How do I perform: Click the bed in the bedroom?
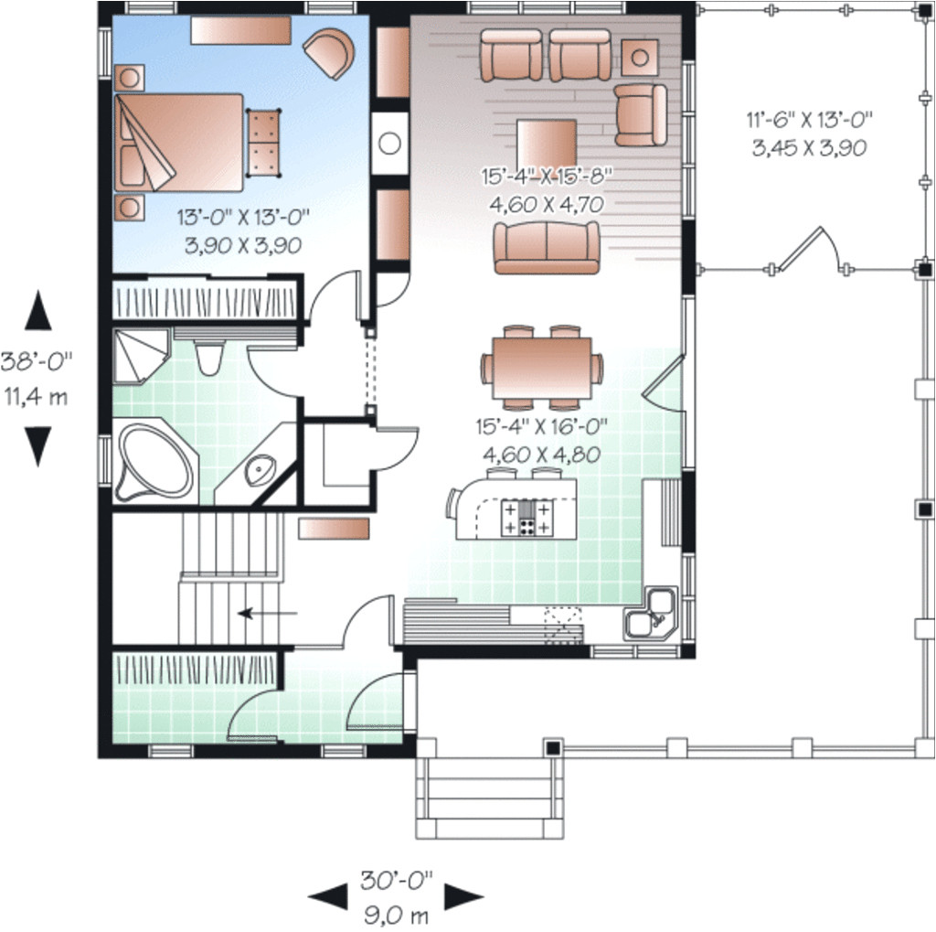coord(178,142)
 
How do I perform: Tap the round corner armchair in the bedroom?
coord(329,52)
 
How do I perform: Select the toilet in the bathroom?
coord(209,358)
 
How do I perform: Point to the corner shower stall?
coord(140,355)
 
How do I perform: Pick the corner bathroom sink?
coord(261,467)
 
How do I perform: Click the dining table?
coord(542,368)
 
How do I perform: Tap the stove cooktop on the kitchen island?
coord(526,518)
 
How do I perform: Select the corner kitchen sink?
coord(651,614)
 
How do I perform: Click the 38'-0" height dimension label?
coord(37,362)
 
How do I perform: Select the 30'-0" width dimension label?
coord(397,880)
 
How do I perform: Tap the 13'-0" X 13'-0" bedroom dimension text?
coord(243,217)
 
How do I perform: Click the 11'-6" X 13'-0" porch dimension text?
coord(810,120)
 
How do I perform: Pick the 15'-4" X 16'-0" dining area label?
coord(541,426)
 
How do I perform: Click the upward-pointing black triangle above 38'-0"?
coord(37,310)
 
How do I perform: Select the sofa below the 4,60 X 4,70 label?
coord(547,247)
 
